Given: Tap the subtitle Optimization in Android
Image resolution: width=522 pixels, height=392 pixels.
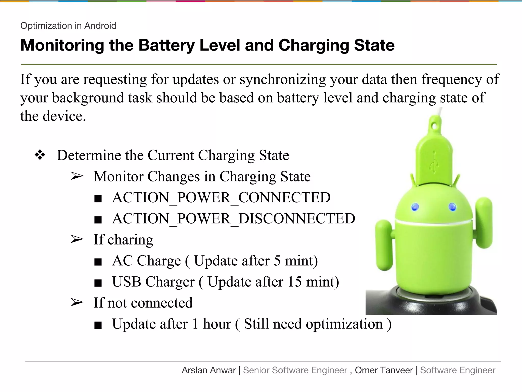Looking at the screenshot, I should tap(68, 26).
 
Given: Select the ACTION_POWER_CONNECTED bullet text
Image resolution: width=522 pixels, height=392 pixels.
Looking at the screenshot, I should tap(221, 198).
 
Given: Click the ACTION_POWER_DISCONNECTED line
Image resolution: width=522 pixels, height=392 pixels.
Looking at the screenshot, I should tap(233, 219).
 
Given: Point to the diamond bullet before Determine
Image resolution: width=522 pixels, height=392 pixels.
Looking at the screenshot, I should tap(40, 155).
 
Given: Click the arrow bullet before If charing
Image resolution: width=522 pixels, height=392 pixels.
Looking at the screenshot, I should tap(77, 239).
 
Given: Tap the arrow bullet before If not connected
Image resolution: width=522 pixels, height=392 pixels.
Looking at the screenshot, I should tap(77, 302).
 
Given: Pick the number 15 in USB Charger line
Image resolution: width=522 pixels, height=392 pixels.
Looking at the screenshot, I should tap(294, 282).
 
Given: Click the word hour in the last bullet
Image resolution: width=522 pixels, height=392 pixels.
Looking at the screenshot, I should tap(217, 324).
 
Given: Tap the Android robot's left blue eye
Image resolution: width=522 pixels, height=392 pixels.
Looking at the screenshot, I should tap(415, 207).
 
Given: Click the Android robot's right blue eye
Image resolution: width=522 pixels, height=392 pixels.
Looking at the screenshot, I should tap(452, 206).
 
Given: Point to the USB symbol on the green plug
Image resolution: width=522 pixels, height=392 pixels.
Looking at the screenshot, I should tap(434, 162).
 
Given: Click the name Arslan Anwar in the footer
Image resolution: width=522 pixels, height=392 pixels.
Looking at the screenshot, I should tap(209, 370).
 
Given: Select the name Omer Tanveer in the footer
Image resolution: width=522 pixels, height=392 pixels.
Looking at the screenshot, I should tap(384, 370).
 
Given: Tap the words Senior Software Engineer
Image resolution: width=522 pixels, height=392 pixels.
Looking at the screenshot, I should tap(295, 370).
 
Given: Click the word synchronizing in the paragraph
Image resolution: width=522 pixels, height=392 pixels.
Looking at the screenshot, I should tap(283, 79).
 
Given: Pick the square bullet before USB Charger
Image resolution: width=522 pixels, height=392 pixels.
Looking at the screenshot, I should tap(98, 283).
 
